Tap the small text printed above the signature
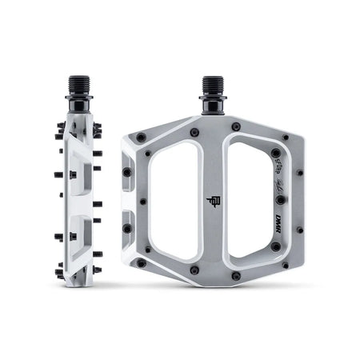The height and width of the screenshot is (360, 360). click(x=279, y=158)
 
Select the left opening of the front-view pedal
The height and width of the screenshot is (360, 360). click(x=175, y=200)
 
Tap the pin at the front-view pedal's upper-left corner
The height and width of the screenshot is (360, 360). click(x=141, y=138)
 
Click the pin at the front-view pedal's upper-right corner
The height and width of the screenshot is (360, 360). click(x=286, y=138)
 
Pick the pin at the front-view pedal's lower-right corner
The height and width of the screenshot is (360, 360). click(x=286, y=265)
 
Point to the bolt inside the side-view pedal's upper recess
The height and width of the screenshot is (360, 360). click(x=73, y=174)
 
